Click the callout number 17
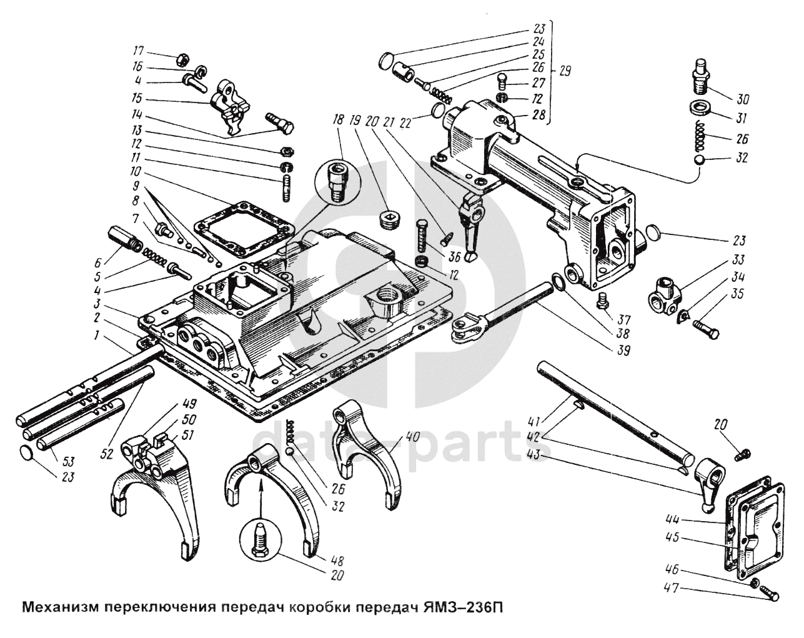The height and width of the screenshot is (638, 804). tap(139, 51)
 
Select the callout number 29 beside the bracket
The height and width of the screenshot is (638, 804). tap(565, 71)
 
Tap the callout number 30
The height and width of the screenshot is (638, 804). tap(743, 99)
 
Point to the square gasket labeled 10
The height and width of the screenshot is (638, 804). tap(243, 228)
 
